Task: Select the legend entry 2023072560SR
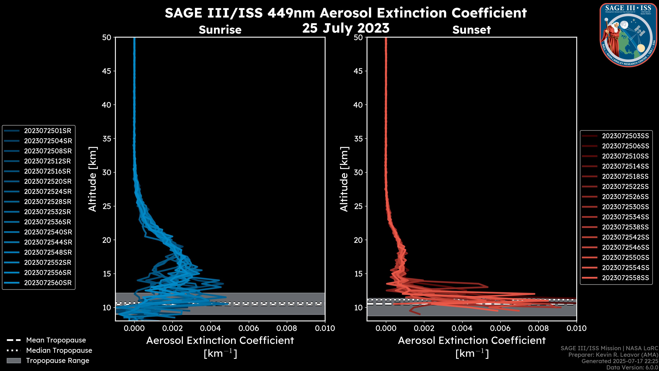pos(48,283)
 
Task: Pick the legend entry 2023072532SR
pos(48,212)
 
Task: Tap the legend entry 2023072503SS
pos(625,136)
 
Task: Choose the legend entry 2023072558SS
pos(625,278)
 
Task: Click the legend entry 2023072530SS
pos(625,207)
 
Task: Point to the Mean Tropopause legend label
pos(56,340)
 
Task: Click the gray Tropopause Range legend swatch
pos(14,361)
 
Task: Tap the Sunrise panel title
pos(220,30)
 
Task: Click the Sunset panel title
pos(471,30)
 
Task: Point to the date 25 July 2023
pos(346,28)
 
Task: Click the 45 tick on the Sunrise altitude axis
pos(107,71)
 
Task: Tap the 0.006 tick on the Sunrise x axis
pos(249,328)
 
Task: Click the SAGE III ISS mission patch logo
pos(629,35)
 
